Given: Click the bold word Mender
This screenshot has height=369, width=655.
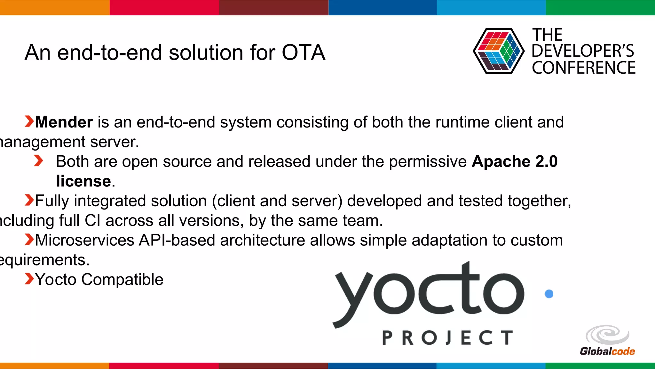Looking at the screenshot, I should point(64,122).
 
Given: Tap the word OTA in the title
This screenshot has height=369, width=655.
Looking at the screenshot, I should point(303,53).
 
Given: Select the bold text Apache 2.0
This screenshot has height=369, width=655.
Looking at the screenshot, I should point(514,161).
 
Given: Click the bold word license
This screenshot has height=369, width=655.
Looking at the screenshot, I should point(83,181).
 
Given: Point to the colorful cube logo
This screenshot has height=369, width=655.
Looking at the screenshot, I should point(498,51).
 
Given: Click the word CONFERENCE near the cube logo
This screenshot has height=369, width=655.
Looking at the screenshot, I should point(583,68).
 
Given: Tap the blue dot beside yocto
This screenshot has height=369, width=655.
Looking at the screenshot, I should point(549,294).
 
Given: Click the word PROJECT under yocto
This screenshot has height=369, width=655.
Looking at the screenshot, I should point(447,338).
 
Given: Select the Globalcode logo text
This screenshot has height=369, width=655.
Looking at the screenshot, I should point(607,351).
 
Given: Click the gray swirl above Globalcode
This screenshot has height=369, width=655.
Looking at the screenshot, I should point(607,335).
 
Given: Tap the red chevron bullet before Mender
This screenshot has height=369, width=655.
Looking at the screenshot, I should point(29,122).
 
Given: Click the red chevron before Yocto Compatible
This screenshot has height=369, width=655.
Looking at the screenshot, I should point(29,279).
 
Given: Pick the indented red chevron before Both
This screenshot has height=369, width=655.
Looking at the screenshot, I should point(38,161).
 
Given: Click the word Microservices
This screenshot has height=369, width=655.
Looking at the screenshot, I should point(84,240).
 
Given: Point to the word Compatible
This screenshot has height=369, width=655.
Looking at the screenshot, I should point(122,280).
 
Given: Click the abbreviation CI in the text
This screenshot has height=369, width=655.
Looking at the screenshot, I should point(92,221).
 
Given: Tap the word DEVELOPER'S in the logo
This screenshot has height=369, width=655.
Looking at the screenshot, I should point(582,51).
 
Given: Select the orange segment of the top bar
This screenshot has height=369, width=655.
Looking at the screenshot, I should point(54,7).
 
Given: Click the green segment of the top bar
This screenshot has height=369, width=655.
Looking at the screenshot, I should point(600,7).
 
